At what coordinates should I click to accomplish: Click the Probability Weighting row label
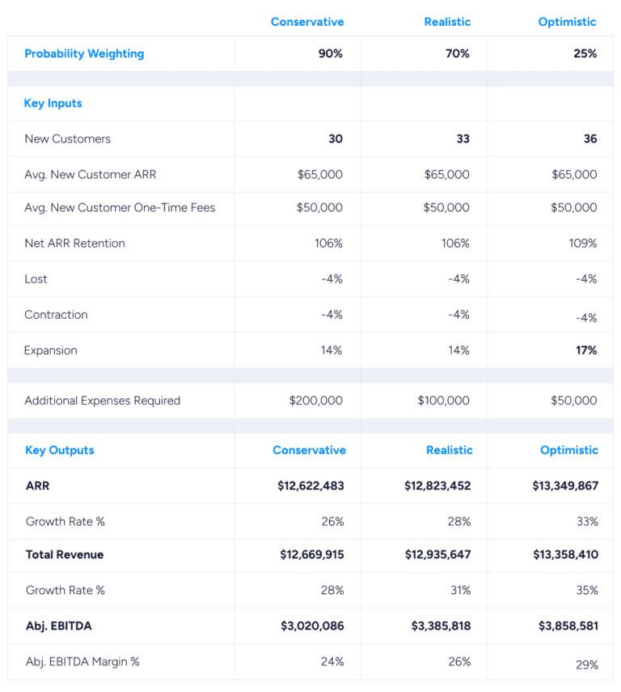point(84,54)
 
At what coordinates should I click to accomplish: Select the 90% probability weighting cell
point(330,54)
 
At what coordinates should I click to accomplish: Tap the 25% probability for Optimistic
point(585,54)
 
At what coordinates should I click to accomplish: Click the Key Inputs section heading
point(53,104)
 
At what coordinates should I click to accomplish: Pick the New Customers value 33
point(463,139)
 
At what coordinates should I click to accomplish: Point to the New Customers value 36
point(590,139)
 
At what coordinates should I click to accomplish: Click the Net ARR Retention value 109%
point(582,244)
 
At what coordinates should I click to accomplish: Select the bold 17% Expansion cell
point(586,350)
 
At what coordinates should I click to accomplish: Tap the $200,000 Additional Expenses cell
point(315,401)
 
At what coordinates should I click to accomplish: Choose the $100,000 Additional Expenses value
point(443,401)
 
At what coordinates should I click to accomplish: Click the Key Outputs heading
point(60,451)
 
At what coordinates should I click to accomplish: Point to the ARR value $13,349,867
point(565,486)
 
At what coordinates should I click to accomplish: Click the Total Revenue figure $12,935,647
point(437,555)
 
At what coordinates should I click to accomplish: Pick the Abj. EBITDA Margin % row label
point(82,662)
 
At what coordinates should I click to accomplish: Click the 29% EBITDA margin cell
point(587,665)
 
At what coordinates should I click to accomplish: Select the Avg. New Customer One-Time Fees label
point(120,208)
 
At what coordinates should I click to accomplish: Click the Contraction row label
point(56,315)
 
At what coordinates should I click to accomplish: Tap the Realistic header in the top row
point(447,22)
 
